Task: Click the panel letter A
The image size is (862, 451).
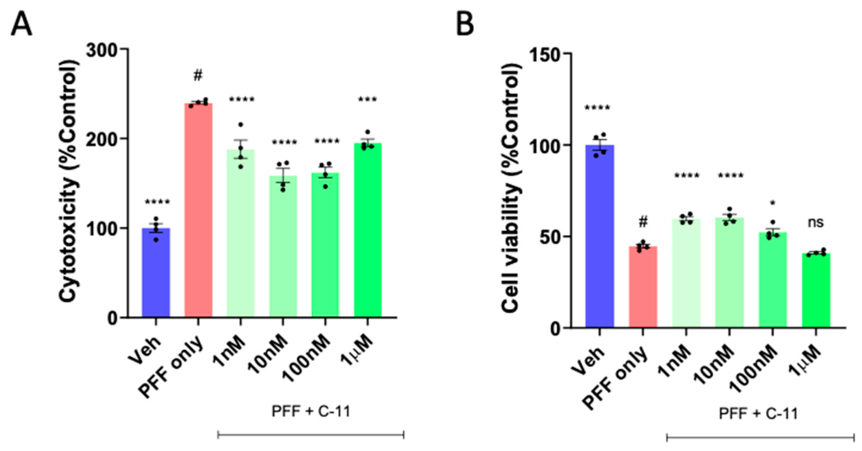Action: [x=21, y=24]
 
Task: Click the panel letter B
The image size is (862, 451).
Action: [x=464, y=24]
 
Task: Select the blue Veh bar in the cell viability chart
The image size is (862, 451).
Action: [x=600, y=236]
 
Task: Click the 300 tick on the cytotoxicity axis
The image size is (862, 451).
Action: [x=102, y=49]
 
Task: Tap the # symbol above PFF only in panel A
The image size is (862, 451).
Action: [x=198, y=75]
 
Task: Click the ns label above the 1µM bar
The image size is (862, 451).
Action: [x=816, y=222]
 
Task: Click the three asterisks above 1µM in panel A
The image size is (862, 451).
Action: [x=367, y=100]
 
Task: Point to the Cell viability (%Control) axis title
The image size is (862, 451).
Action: [x=511, y=188]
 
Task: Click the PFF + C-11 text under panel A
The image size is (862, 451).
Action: [x=311, y=411]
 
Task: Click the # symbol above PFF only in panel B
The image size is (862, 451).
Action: [x=643, y=222]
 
